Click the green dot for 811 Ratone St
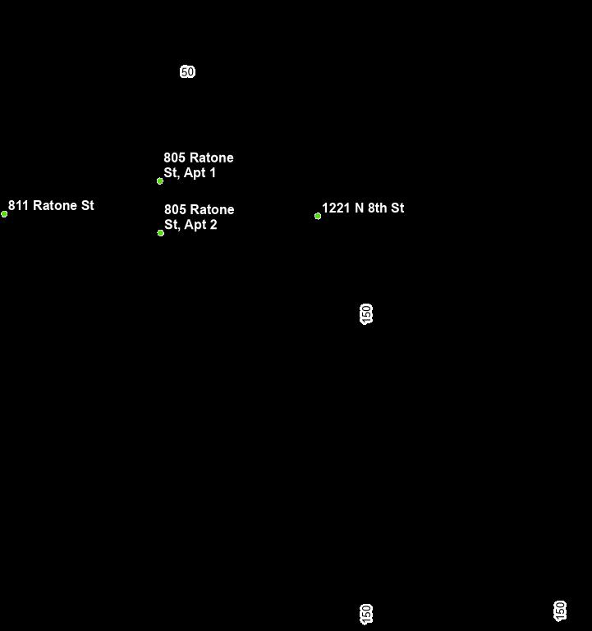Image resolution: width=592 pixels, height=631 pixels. (x=4, y=214)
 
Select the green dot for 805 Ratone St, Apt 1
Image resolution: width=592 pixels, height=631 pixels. (x=160, y=181)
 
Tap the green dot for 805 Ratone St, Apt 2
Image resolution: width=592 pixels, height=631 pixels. (x=161, y=233)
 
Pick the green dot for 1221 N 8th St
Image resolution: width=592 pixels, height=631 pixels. (x=318, y=217)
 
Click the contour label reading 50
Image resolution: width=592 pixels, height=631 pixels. (x=187, y=72)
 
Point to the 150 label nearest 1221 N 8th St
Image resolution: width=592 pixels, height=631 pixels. (x=366, y=313)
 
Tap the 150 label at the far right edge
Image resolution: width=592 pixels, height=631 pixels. (x=560, y=610)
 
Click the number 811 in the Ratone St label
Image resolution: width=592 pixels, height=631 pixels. (x=19, y=206)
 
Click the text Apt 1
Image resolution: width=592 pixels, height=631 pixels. (x=201, y=173)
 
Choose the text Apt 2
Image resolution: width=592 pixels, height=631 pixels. (x=202, y=225)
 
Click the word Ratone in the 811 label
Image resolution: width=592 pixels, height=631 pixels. (x=55, y=206)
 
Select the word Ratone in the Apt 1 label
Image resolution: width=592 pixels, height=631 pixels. (x=212, y=158)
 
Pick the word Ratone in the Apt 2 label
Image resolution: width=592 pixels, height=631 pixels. (x=213, y=209)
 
